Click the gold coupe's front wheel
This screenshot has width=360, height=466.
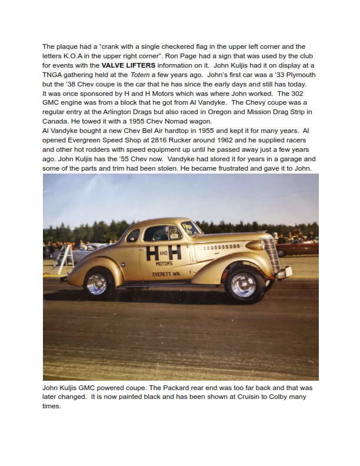click(x=245, y=284)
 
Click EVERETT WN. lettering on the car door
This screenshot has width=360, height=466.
click(x=165, y=273)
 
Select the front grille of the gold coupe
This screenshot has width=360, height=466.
click(x=271, y=254)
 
